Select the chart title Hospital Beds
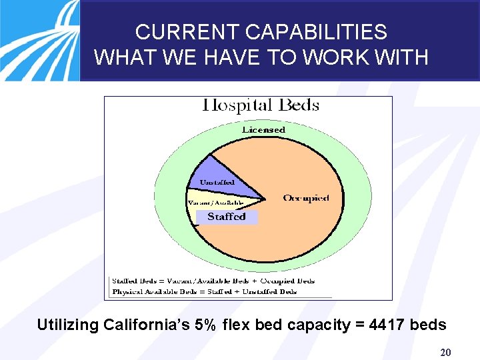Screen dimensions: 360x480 click(261, 105)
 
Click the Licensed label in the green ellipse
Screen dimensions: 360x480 click(263, 129)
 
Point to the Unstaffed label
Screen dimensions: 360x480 click(217, 182)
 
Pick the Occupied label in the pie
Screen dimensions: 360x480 click(306, 198)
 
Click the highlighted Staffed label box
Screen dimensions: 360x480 click(227, 217)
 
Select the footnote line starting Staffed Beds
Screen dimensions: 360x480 click(213, 281)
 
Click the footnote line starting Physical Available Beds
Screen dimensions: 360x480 click(205, 291)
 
